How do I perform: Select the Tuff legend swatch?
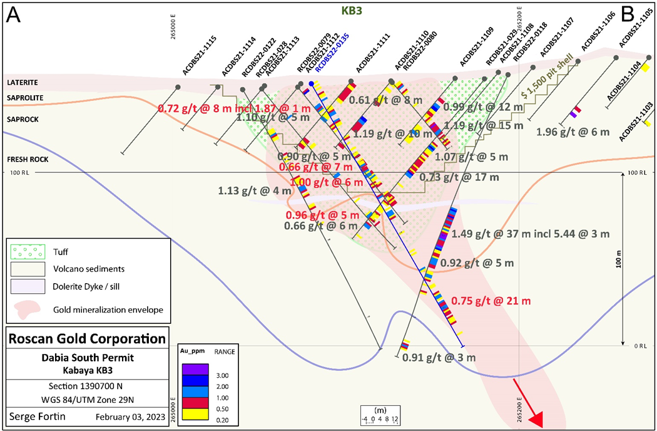[28, 252]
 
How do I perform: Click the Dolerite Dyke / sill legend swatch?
[28, 286]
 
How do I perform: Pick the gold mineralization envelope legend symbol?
[28, 308]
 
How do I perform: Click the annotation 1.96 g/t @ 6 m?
[568, 132]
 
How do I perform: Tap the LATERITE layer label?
[23, 82]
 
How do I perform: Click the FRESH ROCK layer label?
[28, 159]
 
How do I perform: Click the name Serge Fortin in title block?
[38, 416]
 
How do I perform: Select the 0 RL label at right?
[638, 346]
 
